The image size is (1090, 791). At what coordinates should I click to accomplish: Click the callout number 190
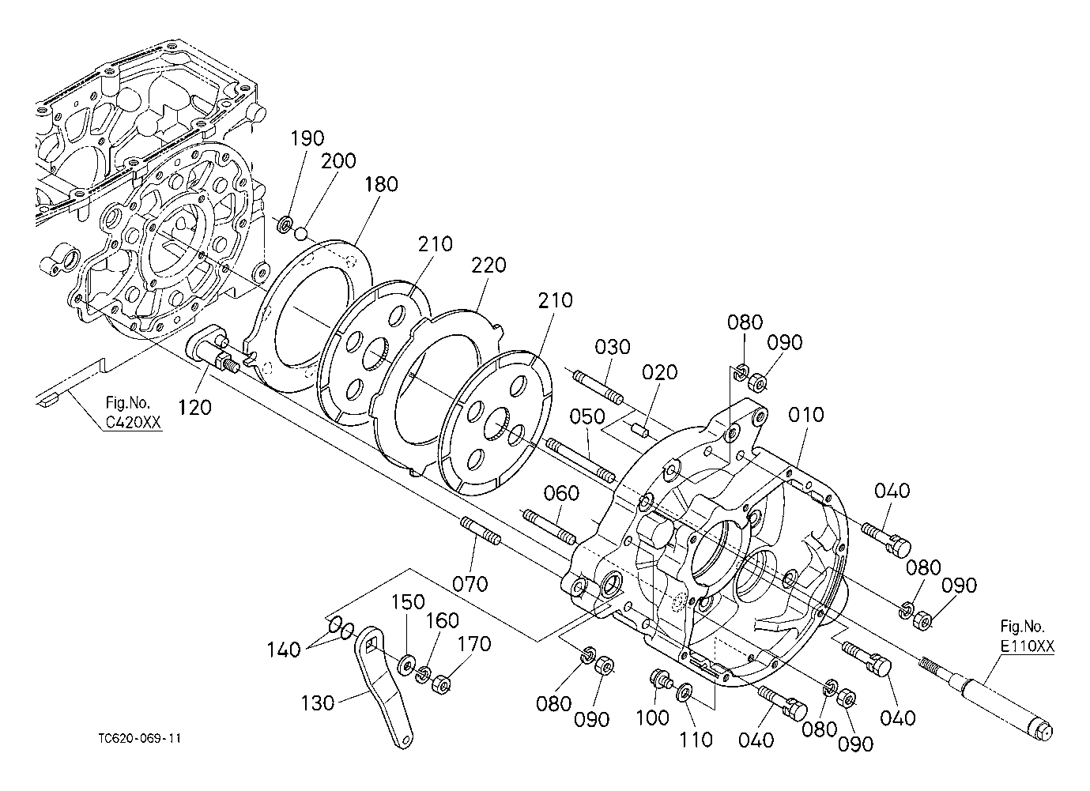307,138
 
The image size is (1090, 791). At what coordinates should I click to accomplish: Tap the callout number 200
338,161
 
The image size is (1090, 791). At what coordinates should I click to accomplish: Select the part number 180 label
381,184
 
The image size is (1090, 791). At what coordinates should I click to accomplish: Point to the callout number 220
488,266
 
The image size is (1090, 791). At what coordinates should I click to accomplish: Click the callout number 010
806,415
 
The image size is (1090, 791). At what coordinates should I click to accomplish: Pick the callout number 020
659,372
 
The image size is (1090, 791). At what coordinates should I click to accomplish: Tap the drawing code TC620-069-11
140,739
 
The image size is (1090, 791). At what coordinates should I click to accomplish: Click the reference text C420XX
134,422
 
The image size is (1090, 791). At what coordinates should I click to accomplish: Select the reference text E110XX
1028,646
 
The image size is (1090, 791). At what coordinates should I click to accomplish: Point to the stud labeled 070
481,531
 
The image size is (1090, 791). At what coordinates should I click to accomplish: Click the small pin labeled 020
641,431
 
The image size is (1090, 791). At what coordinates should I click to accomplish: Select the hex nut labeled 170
442,685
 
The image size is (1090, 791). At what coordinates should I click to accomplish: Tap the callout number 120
194,408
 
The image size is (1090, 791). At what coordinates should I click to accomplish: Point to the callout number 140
284,650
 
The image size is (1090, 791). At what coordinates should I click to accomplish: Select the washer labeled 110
685,691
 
